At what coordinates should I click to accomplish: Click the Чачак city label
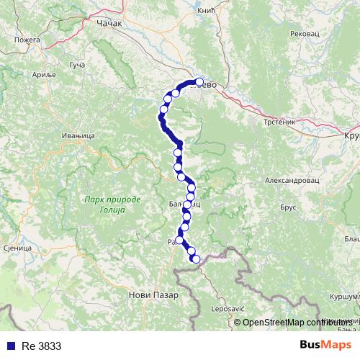click(110, 23)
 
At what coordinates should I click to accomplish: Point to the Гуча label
click(77, 66)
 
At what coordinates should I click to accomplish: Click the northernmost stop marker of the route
click(199, 82)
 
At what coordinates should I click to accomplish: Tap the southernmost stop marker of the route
click(195, 258)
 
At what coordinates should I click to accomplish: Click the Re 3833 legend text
click(41, 346)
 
